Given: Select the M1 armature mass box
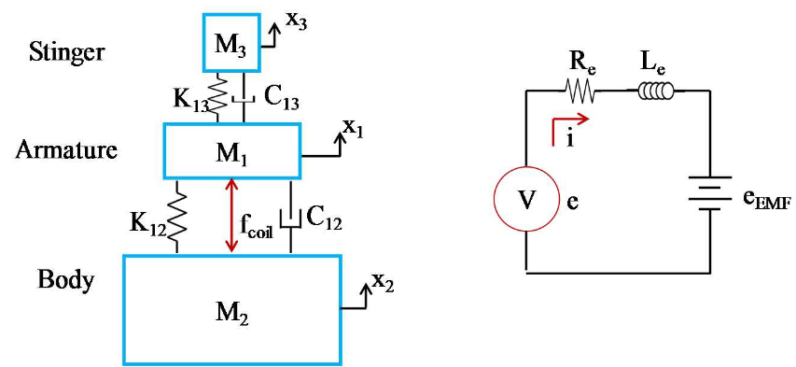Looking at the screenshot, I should (x=231, y=151).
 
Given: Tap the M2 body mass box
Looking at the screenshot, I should (x=231, y=309).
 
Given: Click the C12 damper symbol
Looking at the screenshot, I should (x=291, y=218).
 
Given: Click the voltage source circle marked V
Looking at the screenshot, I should (x=526, y=200).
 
